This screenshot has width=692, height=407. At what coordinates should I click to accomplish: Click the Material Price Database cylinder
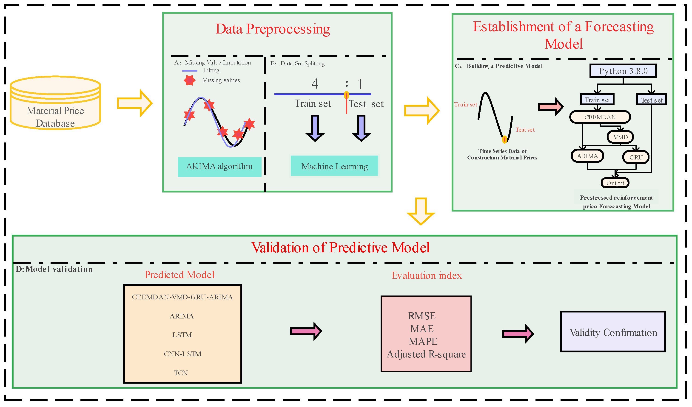point(55,104)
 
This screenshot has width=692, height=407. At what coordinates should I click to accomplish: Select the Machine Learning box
point(334,166)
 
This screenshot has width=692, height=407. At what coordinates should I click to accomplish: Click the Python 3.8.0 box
point(623,71)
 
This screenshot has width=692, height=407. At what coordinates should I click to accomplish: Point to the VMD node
point(620,137)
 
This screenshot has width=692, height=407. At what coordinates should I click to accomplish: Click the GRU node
point(636,157)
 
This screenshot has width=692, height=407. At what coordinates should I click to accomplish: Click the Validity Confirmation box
point(613,332)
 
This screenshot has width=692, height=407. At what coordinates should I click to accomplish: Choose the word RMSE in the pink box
point(422,316)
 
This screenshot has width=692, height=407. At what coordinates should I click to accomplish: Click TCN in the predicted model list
point(181,373)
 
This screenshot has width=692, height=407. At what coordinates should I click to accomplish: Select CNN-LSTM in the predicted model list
point(182,354)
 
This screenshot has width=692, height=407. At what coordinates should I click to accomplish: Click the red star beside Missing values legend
point(190,81)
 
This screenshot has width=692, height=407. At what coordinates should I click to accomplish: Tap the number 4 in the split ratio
point(315,84)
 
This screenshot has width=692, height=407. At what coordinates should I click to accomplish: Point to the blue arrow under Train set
point(315,128)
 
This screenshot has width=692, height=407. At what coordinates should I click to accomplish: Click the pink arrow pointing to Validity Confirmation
point(518,334)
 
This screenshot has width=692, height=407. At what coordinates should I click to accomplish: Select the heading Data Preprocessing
point(273,29)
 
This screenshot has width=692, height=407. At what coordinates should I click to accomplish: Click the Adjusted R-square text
point(426,354)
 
